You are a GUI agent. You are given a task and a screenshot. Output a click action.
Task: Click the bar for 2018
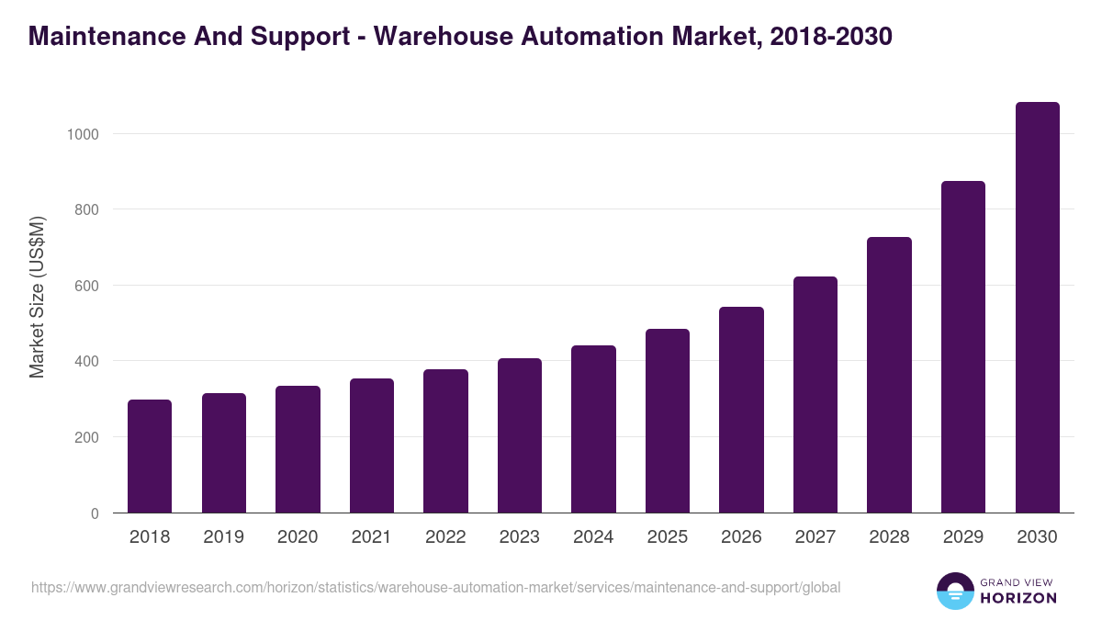click(150, 457)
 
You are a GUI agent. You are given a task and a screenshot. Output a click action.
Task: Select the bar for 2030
click(1037, 308)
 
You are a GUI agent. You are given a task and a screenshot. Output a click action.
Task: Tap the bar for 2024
click(593, 429)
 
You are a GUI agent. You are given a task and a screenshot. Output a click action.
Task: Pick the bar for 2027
click(815, 395)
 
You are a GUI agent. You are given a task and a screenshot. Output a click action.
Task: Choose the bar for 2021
click(372, 445)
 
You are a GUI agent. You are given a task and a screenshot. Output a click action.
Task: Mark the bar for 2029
click(963, 347)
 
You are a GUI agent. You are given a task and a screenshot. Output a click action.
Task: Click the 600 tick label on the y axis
click(86, 286)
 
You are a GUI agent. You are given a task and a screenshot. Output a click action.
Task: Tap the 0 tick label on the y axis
click(95, 513)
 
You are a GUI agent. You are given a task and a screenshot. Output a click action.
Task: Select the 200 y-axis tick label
click(86, 437)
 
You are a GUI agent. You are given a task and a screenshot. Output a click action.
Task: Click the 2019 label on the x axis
click(224, 537)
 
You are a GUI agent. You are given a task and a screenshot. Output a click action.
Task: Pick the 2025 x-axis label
click(668, 537)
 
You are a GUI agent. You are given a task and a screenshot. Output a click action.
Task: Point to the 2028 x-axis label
click(889, 537)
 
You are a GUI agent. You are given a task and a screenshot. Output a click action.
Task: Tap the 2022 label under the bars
click(445, 537)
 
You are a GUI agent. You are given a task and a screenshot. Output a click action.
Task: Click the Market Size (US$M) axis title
click(37, 298)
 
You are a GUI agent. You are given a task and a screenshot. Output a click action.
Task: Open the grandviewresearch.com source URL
click(435, 587)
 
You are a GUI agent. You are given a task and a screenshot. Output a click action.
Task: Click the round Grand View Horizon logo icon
click(955, 591)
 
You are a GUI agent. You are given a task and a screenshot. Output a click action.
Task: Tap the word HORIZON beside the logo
click(1018, 598)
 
